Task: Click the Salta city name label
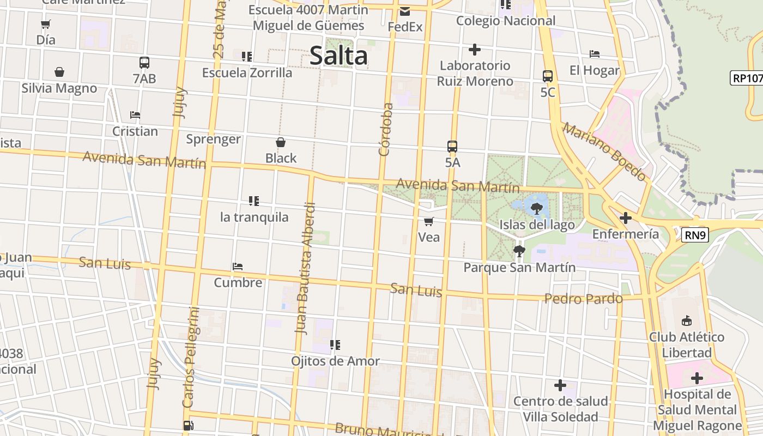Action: point(338,56)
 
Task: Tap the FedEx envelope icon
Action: point(405,11)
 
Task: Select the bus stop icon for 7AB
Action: point(144,63)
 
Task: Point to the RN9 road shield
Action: point(695,235)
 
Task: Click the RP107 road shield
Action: point(747,78)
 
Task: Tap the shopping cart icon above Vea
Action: point(429,221)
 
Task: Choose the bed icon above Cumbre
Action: point(238,267)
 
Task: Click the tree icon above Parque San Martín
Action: point(519,251)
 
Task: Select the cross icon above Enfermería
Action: point(625,218)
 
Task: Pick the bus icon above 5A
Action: point(452,146)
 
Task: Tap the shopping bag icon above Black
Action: point(281,143)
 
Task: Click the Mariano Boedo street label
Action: point(604,152)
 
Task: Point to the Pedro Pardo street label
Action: point(583,299)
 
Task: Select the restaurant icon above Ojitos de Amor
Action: point(335,345)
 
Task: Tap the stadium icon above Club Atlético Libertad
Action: point(686,320)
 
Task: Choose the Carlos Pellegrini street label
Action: point(190,357)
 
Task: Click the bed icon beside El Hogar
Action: point(595,54)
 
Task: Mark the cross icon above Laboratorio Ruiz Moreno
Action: point(475,50)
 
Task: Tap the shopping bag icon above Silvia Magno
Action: point(59,72)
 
